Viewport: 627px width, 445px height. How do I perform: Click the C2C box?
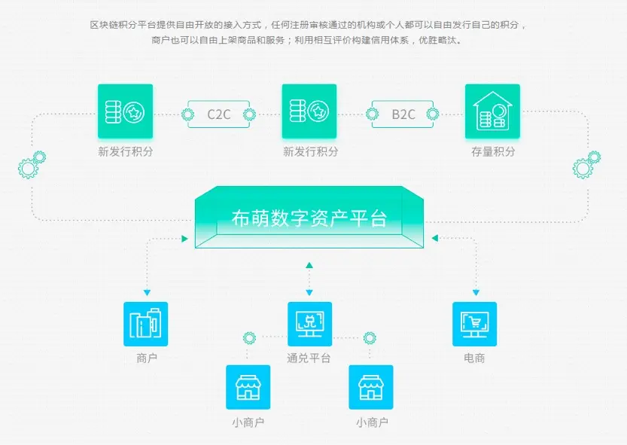pyautogui.click(x=219, y=114)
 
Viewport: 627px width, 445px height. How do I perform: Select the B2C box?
pyautogui.click(x=403, y=114)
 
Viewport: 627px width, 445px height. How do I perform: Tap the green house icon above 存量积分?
pyautogui.click(x=492, y=111)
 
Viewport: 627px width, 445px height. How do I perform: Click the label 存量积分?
pyautogui.click(x=493, y=151)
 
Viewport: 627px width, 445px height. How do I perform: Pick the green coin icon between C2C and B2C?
pyautogui.click(x=309, y=111)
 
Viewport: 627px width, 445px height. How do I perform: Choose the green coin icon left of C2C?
pyautogui.click(x=125, y=111)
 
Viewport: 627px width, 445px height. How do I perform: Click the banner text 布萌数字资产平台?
pyautogui.click(x=309, y=219)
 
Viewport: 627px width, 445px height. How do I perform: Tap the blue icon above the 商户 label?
pyautogui.click(x=146, y=324)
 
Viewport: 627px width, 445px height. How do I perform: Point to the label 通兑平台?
pyautogui.click(x=309, y=358)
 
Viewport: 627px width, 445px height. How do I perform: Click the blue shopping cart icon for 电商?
pyautogui.click(x=474, y=324)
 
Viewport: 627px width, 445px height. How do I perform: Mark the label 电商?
pyautogui.click(x=474, y=358)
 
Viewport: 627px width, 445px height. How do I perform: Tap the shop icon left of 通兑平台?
pyautogui.click(x=248, y=387)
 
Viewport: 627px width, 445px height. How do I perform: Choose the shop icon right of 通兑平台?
pyautogui.click(x=371, y=387)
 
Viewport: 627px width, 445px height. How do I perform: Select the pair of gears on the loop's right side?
pyautogui.click(x=586, y=164)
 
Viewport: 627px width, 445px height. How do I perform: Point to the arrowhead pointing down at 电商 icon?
pyautogui.click(x=475, y=293)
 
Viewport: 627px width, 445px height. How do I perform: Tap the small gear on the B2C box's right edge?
pyautogui.click(x=433, y=114)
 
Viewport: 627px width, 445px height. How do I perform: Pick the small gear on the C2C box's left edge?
pyautogui.click(x=188, y=114)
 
